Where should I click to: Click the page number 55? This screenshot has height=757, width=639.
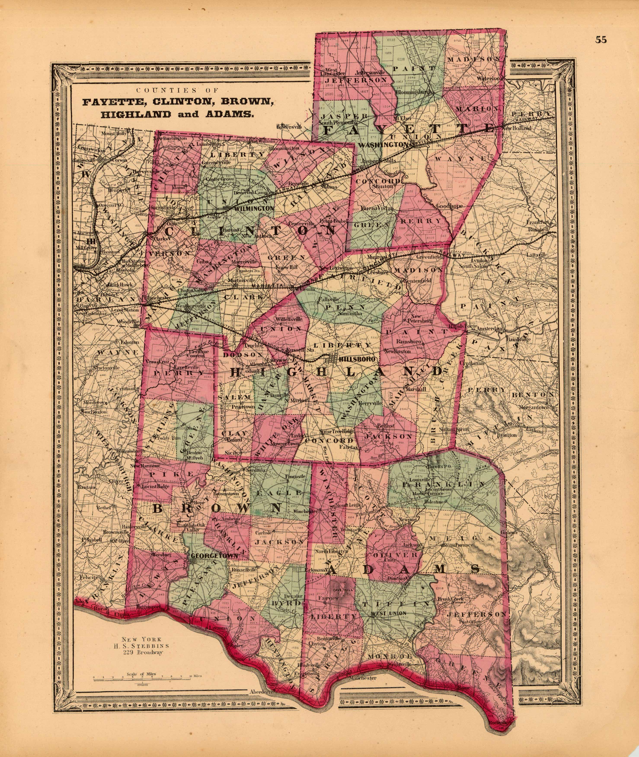coord(601,40)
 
